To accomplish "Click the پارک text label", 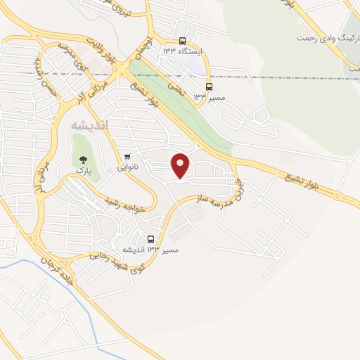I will [x=84, y=171].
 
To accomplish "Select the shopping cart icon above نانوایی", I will [x=127, y=156].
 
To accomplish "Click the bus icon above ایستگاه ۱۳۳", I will [x=182, y=41].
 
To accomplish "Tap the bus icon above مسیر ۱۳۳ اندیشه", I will [x=150, y=239].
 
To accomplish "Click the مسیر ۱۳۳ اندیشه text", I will [x=150, y=250].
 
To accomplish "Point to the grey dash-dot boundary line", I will [x=281, y=76].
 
